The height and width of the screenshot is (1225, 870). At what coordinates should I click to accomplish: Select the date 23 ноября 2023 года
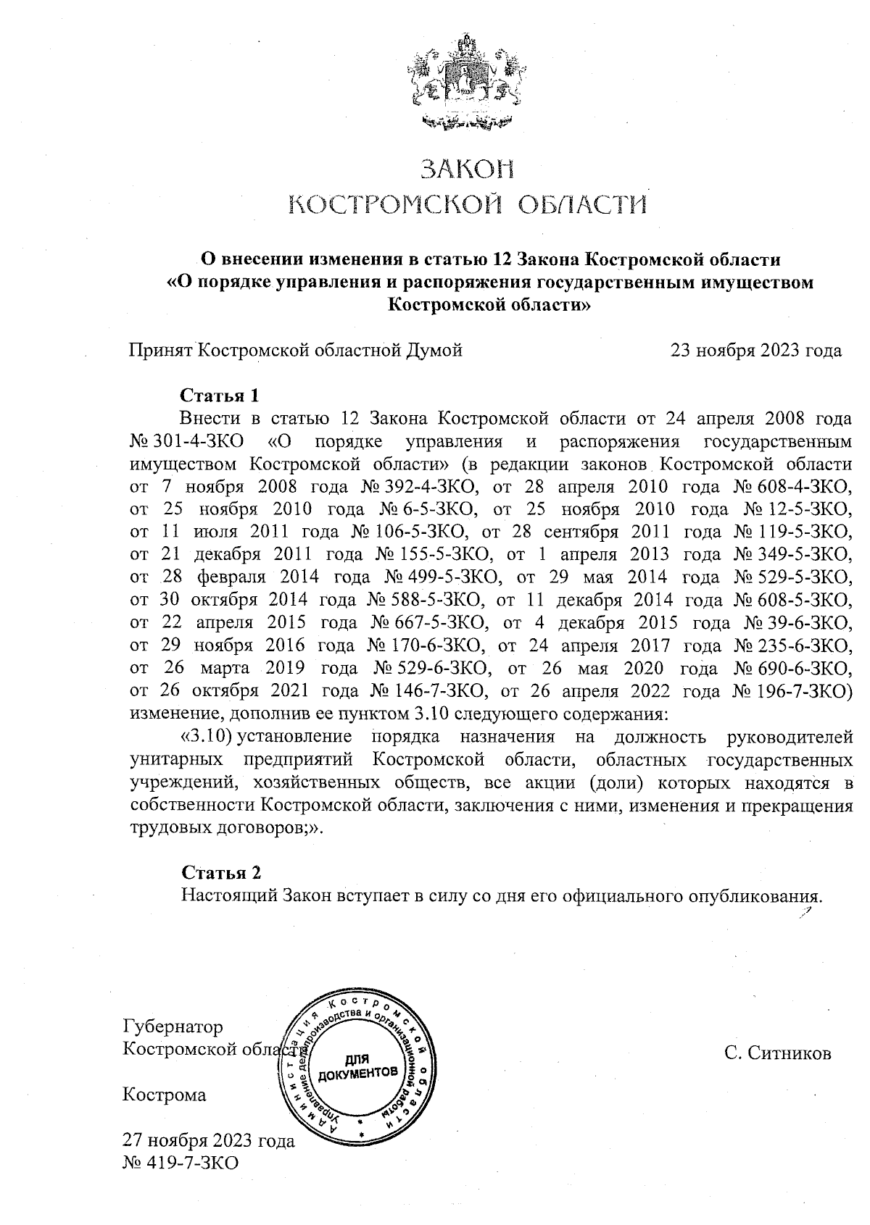755,351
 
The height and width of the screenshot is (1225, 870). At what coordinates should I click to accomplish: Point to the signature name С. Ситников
777,1053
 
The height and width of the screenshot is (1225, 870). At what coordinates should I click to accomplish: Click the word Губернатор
173,1027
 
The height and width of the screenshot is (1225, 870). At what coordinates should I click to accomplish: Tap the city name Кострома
165,1095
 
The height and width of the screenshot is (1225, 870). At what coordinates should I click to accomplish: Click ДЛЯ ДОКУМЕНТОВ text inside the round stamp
358,1066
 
